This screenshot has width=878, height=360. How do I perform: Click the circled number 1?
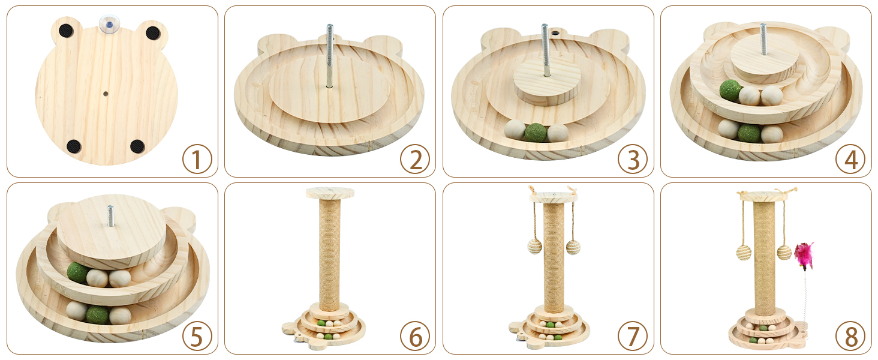click(x=197, y=159)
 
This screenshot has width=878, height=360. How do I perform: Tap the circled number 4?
click(x=850, y=159)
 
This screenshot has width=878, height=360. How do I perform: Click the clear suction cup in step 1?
click(x=109, y=25)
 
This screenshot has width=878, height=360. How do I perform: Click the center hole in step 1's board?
click(x=106, y=94)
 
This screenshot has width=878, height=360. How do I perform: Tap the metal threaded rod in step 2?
click(x=330, y=56)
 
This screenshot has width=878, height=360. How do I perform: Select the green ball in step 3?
click(x=536, y=133)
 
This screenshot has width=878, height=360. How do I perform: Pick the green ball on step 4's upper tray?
click(x=730, y=91)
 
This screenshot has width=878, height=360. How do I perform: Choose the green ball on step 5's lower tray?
click(x=97, y=314)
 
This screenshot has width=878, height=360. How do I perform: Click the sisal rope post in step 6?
click(x=330, y=254)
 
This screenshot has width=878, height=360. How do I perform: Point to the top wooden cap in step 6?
click(x=330, y=193)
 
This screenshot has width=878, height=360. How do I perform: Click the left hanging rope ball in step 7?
click(x=534, y=246)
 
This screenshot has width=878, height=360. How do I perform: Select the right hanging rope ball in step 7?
click(x=573, y=247)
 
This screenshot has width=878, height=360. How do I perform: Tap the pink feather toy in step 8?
click(x=804, y=256)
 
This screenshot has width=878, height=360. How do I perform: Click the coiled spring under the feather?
click(x=805, y=302)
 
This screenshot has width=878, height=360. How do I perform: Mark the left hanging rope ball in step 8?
click(x=744, y=253)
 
